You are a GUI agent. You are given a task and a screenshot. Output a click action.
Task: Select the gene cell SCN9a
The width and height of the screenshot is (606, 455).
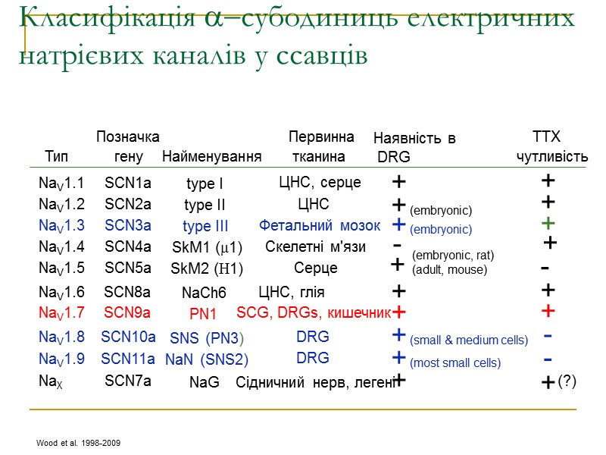point(127,312)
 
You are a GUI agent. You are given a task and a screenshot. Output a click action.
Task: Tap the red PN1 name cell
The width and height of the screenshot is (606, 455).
point(203,313)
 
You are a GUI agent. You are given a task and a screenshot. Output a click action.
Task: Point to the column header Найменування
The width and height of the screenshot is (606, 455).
point(212,157)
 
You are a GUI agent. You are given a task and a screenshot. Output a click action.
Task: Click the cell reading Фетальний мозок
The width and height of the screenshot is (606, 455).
point(320,225)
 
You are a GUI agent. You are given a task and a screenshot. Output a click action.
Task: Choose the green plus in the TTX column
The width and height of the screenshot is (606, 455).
point(549,223)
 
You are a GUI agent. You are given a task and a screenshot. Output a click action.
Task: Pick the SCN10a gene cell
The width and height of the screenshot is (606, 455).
point(128,337)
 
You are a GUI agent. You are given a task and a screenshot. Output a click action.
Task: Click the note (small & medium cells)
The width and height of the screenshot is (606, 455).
point(469,340)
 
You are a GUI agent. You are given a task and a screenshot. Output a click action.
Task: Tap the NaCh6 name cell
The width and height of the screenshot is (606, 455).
point(204,292)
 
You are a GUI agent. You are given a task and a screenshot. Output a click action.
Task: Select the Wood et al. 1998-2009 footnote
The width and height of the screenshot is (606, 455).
point(78,442)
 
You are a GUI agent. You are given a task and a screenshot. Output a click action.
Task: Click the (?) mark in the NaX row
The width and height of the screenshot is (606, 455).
point(567,381)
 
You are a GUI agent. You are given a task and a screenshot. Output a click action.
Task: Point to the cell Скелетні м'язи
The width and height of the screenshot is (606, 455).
point(315,246)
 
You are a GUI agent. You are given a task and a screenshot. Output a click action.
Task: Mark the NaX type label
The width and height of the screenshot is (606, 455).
point(50,381)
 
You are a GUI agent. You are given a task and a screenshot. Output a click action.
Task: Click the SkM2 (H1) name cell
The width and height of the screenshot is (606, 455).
point(207,268)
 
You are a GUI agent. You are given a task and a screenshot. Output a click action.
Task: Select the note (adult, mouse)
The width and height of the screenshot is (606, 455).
point(449,269)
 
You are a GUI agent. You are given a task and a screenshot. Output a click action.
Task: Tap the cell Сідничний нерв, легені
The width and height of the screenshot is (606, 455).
point(315,383)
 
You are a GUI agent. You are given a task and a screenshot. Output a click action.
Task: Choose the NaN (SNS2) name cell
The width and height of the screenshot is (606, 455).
point(207,359)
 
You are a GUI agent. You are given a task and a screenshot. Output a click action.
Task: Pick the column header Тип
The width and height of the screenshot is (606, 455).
point(56,157)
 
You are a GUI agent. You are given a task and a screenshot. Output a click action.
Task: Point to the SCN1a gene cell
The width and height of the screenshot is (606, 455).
point(128,183)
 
